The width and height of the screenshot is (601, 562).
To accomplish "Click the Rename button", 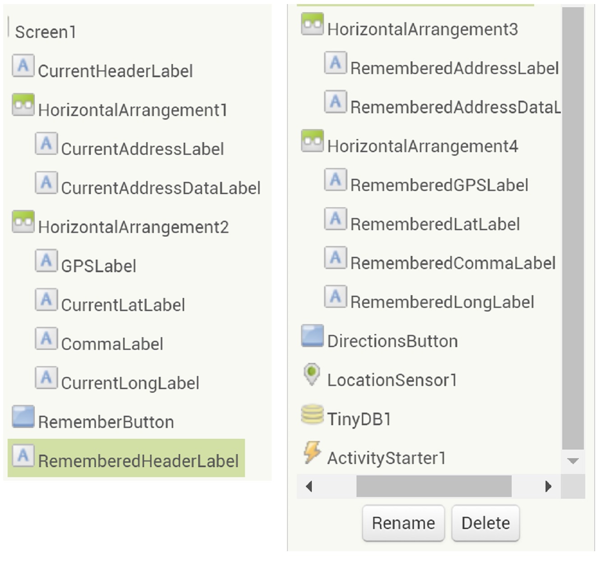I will point(403,523).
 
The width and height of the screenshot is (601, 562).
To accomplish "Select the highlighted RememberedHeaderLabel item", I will point(138,461).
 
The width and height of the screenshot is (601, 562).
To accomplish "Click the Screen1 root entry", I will point(46,32).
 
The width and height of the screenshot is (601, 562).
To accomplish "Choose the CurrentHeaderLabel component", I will point(115,71).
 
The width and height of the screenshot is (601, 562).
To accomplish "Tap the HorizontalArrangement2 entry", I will point(133,227).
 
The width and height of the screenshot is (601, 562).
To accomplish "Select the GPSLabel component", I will point(98,266).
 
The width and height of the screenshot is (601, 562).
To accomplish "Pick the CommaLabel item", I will point(112,344).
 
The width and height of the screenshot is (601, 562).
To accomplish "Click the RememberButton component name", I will point(106,422).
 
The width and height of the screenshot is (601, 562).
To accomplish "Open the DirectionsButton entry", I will point(392,341).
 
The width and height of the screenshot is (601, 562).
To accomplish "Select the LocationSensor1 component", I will point(392,380).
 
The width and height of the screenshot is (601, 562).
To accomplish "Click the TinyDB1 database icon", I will point(312,415).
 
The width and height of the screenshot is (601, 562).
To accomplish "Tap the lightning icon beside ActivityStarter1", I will point(312,452).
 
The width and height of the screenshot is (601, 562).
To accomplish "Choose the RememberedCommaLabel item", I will point(453,263).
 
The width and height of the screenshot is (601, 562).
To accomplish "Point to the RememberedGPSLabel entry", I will point(439,185).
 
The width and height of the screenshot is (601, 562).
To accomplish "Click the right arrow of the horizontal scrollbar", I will point(548,487).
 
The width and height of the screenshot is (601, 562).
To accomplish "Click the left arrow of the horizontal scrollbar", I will point(309,487).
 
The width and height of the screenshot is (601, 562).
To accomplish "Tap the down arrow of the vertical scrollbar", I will point(573,461).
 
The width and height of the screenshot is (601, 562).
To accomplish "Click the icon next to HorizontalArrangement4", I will point(312,141).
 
